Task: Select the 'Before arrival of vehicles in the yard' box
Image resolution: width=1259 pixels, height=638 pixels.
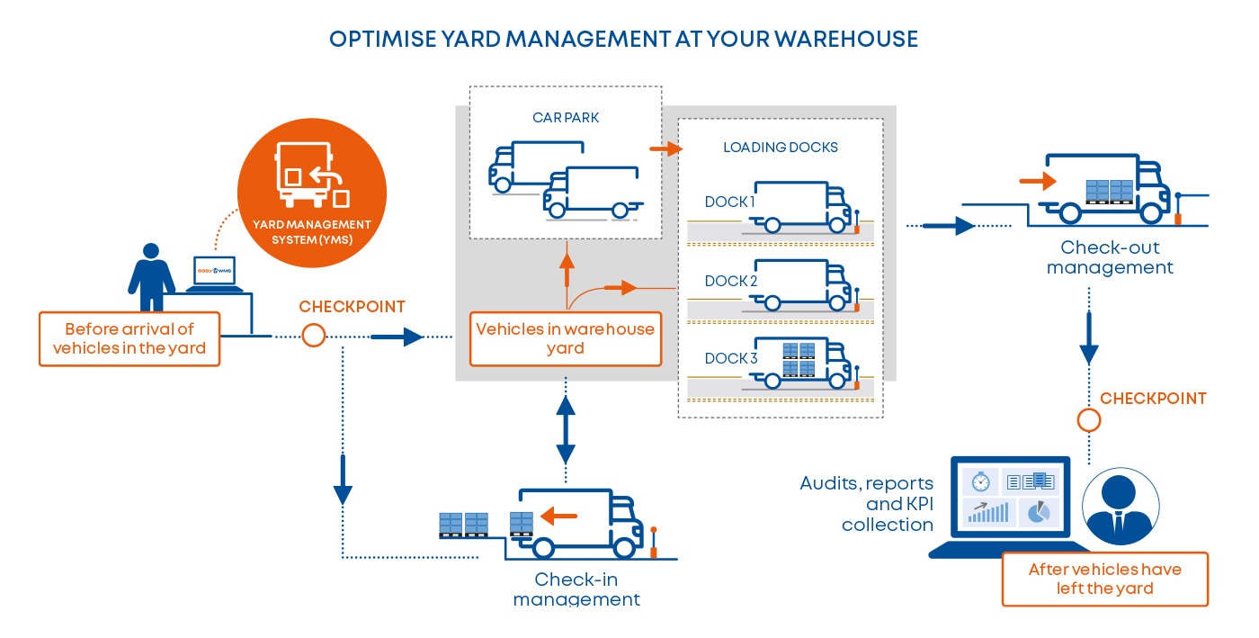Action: coord(129,338)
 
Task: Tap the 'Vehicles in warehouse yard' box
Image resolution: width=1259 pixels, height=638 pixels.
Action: coord(566,338)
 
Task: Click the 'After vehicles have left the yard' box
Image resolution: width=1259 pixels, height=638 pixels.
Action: coord(1104,579)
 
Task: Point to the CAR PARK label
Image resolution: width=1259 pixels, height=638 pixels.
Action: coord(565,116)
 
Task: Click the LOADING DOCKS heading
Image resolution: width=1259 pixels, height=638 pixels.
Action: coord(780,147)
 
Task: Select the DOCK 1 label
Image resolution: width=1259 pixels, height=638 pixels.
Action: coord(729,202)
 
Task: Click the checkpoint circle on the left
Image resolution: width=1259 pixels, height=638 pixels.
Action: coord(313,336)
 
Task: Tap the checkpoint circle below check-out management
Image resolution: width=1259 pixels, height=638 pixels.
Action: coord(1089,420)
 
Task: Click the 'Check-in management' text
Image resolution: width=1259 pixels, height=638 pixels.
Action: coord(576,589)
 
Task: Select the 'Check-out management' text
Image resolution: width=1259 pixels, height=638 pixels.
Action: coord(1110,257)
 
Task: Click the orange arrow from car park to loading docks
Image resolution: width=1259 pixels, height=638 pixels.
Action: coord(659,149)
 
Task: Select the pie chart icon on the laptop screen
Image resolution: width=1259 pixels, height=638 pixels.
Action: coord(1038,512)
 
